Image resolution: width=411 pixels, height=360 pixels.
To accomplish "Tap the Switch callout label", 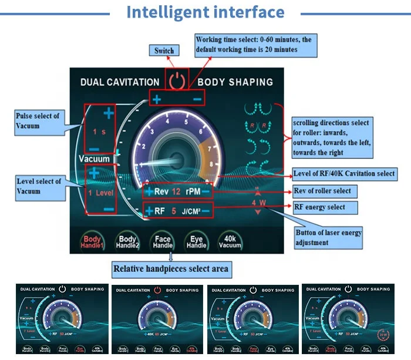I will coord(164,51).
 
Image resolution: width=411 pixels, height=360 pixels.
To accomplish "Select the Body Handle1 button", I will coord(92,243).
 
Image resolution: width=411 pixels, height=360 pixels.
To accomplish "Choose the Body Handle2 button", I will coord(127,243).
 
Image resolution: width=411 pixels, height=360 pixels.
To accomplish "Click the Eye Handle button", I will coord(196,243).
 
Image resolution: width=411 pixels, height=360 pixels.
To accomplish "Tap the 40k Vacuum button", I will coord(230,243).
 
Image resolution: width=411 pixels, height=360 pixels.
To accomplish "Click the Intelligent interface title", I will coord(206,12).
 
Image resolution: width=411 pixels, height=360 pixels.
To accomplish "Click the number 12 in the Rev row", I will coord(177,192).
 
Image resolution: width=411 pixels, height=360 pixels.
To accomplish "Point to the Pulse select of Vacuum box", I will coord(37,121).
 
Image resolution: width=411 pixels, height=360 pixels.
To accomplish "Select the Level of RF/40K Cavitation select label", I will coord(343,174).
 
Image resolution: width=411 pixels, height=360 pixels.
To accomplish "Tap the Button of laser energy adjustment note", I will coord(328,237).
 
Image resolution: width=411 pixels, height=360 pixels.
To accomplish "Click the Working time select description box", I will coord(257,45).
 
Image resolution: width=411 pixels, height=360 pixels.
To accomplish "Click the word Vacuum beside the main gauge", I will coord(95,159).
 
